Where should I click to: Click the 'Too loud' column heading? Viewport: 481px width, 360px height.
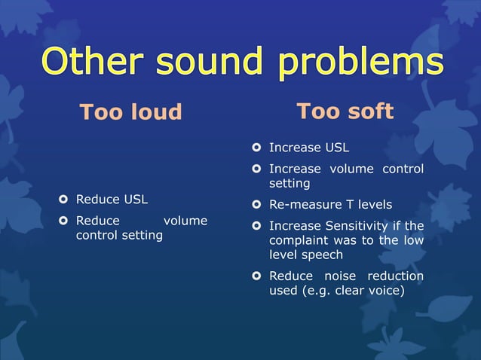(x=131, y=112)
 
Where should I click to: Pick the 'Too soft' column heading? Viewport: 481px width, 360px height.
(x=345, y=111)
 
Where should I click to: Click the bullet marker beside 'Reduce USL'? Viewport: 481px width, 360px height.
(x=63, y=200)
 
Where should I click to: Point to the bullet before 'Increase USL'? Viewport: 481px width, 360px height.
(x=256, y=147)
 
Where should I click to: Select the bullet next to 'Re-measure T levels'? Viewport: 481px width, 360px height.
(x=256, y=205)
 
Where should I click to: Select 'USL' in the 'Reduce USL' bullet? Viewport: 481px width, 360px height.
(x=136, y=200)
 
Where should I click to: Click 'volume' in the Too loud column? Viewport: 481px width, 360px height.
(x=185, y=221)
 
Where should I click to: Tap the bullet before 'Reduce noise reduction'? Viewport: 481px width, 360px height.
(x=256, y=276)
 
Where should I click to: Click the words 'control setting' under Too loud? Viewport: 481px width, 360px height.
(x=119, y=235)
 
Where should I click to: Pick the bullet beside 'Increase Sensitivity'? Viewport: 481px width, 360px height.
(x=256, y=226)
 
